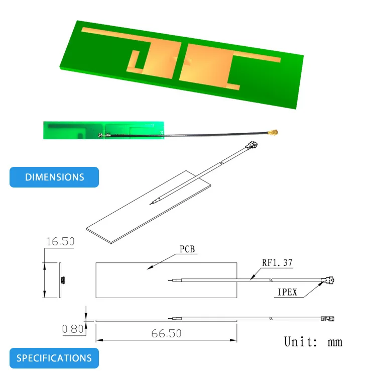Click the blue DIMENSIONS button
click(54, 177)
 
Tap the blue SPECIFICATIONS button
click(54, 358)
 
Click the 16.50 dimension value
click(60, 242)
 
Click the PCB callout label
click(187, 249)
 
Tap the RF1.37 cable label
click(277, 262)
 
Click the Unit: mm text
click(313, 342)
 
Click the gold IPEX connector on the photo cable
click(275, 133)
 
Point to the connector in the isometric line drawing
click(252, 146)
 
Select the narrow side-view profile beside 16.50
click(60, 280)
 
